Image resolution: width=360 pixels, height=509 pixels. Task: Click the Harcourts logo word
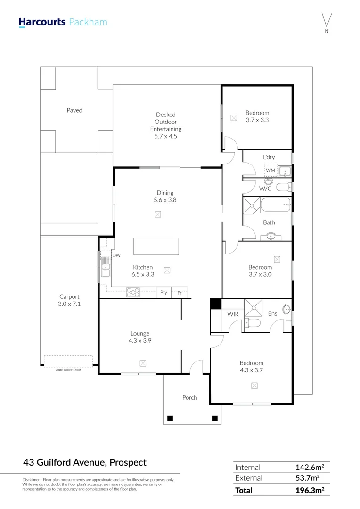(x=42, y=22)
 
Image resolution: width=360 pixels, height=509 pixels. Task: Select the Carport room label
(x=69, y=297)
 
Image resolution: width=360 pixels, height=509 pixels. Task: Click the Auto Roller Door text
(x=68, y=370)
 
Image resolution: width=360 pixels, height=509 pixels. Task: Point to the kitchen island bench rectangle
(x=156, y=246)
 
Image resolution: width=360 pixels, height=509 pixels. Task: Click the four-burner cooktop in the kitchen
(x=133, y=293)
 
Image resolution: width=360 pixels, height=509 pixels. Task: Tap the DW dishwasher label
(x=116, y=255)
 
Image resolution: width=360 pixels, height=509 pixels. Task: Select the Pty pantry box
(x=164, y=293)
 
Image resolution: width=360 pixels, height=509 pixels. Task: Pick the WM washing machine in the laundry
(x=270, y=170)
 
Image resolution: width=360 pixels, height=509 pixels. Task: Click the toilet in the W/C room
(x=284, y=187)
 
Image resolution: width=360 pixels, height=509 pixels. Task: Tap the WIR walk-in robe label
(x=233, y=314)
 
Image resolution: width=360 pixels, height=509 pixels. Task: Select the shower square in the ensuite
(x=253, y=308)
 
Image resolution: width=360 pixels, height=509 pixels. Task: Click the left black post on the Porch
(x=170, y=418)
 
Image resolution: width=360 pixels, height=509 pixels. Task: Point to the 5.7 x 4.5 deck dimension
(x=165, y=136)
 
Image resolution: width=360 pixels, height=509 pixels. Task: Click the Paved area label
(x=74, y=110)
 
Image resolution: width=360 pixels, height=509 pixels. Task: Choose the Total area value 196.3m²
(x=310, y=490)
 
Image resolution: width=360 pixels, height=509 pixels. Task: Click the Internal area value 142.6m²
(x=310, y=467)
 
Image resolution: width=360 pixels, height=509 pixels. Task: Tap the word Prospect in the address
(x=128, y=462)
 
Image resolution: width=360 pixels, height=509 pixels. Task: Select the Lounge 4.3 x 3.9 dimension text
(x=140, y=341)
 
